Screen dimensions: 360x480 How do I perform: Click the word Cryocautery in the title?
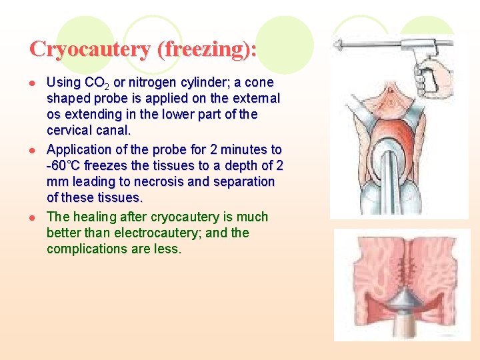pos(80,50)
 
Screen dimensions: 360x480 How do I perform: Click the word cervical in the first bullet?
pos(70,130)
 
